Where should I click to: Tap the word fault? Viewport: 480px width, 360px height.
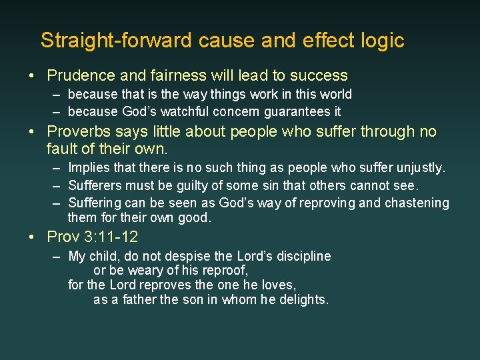(x=62, y=147)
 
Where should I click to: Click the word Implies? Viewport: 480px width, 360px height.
(x=91, y=167)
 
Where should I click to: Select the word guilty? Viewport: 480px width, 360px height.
(x=204, y=185)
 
